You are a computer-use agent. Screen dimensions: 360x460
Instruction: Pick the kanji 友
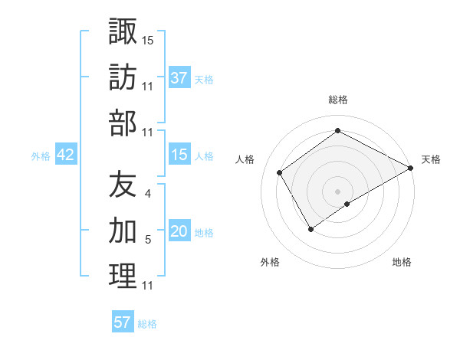(123, 184)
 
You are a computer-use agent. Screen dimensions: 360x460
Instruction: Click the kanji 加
(123, 230)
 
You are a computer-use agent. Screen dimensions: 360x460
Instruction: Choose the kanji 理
(123, 276)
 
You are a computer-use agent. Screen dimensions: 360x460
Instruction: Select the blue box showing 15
(179, 155)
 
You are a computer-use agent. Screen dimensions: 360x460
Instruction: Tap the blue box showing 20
(179, 231)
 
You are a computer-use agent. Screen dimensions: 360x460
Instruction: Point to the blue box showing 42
(66, 155)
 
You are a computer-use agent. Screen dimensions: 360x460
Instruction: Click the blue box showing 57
(123, 322)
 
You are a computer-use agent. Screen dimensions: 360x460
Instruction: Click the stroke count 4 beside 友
(147, 195)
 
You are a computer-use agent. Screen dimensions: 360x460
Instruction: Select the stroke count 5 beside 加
(147, 241)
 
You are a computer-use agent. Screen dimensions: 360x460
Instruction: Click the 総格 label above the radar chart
(338, 100)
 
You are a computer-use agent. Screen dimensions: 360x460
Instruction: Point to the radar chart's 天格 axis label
(432, 159)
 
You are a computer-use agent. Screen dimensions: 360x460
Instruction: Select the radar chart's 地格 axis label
(402, 263)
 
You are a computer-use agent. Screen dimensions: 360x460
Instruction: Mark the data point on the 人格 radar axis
(280, 173)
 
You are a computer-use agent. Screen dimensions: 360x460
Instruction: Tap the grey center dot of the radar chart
(337, 191)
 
